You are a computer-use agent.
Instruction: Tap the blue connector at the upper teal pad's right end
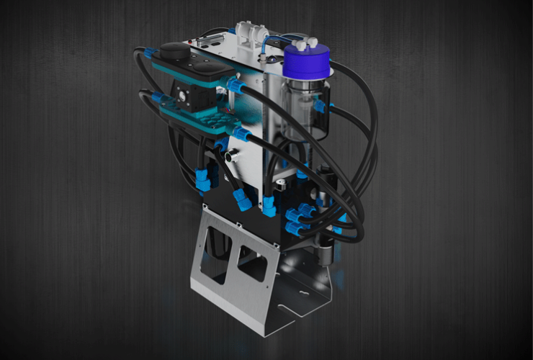point(235,82)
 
